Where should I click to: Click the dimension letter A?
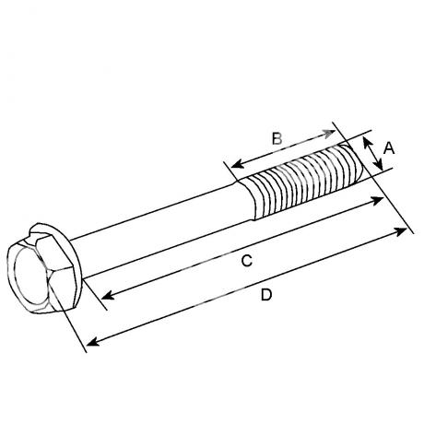[389, 148]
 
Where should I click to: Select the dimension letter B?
[277, 138]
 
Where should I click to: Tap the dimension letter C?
[247, 261]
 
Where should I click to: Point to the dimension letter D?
[266, 295]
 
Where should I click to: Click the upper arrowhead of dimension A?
[366, 142]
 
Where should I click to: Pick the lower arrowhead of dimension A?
[380, 165]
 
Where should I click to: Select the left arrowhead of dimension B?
[237, 165]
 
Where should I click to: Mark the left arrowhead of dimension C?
[107, 296]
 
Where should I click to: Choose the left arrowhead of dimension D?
[93, 342]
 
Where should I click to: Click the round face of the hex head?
[31, 276]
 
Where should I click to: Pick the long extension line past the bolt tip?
[373, 178]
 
